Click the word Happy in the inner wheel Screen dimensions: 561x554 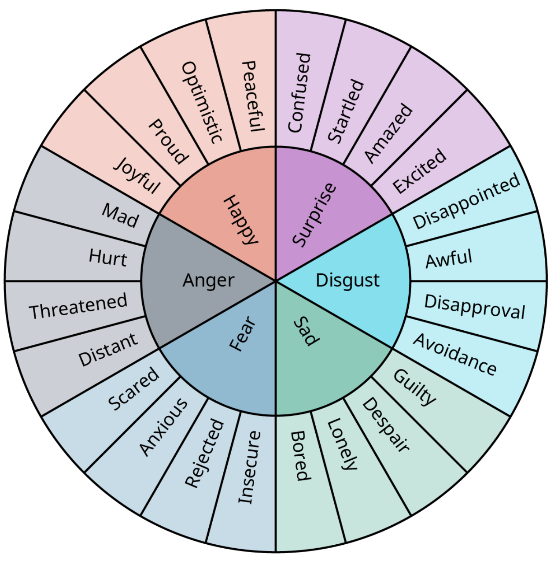(240, 220)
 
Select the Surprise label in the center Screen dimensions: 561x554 (314, 214)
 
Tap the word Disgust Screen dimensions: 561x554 (347, 280)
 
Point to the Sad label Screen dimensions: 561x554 (306, 331)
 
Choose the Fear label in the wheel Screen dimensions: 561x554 (243, 334)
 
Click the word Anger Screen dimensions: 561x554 (209, 280)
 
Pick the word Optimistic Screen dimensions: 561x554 (202, 102)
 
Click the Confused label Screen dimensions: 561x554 (299, 93)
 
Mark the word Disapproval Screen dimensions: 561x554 (475, 306)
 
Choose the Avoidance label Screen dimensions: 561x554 (454, 354)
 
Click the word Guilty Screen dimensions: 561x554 (414, 387)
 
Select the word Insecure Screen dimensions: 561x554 (249, 467)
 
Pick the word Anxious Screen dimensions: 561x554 (163, 427)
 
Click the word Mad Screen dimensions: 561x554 (120, 215)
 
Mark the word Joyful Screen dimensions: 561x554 (137, 175)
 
